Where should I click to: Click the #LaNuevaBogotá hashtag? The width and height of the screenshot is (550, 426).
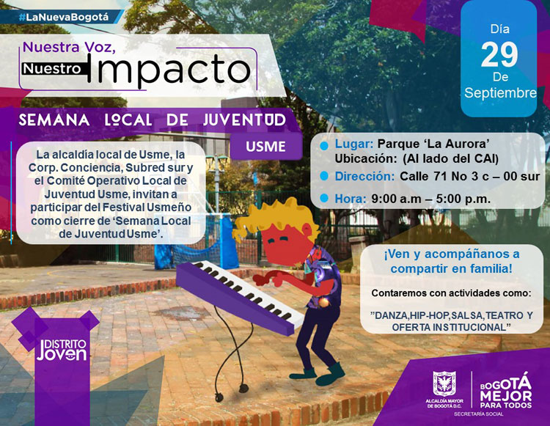pyautogui.click(x=64, y=17)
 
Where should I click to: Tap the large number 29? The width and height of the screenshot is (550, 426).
pyautogui.click(x=499, y=55)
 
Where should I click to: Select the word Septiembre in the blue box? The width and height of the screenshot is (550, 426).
pyautogui.click(x=500, y=93)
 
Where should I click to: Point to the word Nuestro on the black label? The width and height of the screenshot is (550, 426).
pyautogui.click(x=53, y=69)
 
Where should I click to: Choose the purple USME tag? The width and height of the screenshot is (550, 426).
pyautogui.click(x=266, y=147)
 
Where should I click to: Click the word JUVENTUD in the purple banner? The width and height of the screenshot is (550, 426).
pyautogui.click(x=244, y=120)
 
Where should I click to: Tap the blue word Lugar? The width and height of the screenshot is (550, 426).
pyautogui.click(x=354, y=144)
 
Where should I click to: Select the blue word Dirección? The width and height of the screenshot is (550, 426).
pyautogui.click(x=364, y=176)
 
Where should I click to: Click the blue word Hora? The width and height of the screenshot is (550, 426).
pyautogui.click(x=351, y=199)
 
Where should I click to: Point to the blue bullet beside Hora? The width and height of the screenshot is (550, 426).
pyautogui.click(x=323, y=199)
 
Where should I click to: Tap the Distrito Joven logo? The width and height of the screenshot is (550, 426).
pyautogui.click(x=62, y=350)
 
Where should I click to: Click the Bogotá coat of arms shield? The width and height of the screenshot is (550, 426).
pyautogui.click(x=444, y=384)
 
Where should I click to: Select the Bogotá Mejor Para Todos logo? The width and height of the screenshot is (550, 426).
pyautogui.click(x=506, y=391)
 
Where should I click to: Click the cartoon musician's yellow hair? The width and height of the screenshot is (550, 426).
pyautogui.click(x=277, y=217)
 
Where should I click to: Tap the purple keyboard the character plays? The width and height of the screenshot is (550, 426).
pyautogui.click(x=241, y=296)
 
